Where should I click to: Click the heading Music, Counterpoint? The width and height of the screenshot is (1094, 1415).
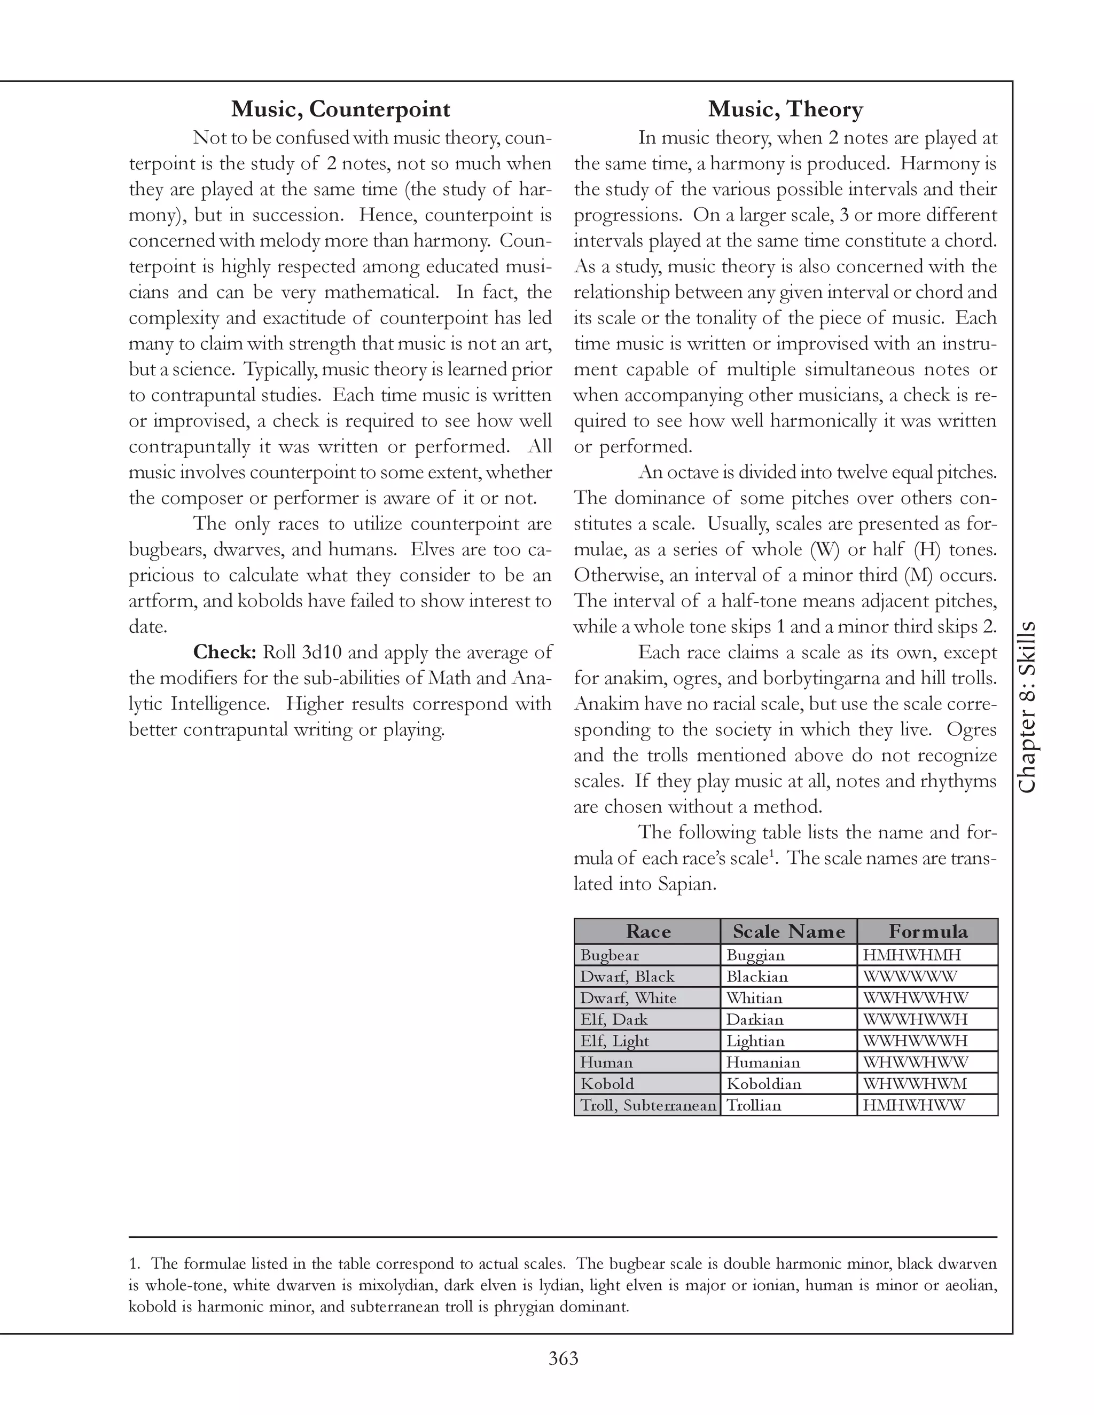(x=340, y=109)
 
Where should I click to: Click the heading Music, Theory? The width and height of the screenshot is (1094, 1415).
(x=785, y=109)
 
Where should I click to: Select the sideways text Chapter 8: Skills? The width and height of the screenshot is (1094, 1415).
(x=1027, y=707)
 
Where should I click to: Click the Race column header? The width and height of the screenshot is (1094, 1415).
(x=647, y=931)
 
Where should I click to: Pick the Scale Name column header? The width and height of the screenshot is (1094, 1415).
(x=788, y=931)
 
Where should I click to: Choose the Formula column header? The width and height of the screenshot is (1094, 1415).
(x=927, y=931)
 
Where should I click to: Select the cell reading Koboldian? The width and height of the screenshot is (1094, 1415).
(x=763, y=1083)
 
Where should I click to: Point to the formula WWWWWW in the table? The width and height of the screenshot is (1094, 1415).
(x=909, y=977)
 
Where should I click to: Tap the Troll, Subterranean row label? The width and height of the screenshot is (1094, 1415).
(x=647, y=1105)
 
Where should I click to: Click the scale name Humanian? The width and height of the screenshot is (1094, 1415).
(x=763, y=1062)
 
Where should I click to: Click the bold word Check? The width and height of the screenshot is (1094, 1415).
(x=225, y=653)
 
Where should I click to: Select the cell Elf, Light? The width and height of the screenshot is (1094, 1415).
(x=614, y=1041)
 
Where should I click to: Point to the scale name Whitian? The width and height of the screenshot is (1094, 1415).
(x=754, y=998)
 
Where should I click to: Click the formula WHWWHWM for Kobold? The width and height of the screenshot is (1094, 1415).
(x=915, y=1083)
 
